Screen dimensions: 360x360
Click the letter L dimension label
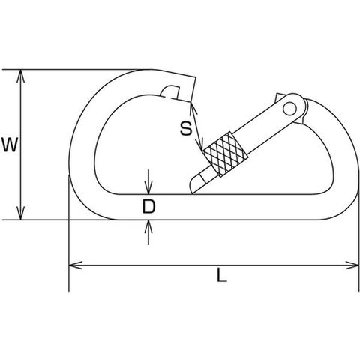(222, 275)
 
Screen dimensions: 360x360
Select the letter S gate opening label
(186, 128)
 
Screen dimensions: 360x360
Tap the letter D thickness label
(148, 207)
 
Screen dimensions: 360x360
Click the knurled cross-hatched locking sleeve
(226, 154)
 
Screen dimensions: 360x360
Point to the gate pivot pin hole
(289, 109)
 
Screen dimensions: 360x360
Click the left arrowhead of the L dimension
(76, 265)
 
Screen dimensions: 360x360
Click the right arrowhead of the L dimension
(352, 265)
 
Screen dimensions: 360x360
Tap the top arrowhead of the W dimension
(21, 76)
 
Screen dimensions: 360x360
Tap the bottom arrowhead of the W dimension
(21, 213)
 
